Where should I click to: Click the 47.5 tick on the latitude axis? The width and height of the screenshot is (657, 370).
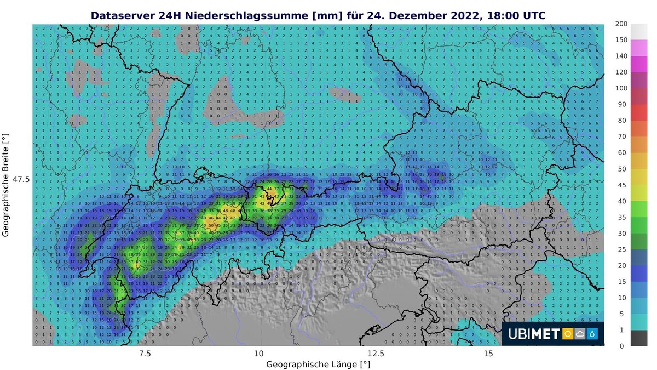point(21,179)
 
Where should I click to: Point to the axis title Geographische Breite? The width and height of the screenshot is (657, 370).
point(7,184)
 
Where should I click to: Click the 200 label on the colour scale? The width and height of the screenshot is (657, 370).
point(621,24)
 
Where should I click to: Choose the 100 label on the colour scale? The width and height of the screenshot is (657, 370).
point(621,88)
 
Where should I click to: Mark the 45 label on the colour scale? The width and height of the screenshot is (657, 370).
point(621,185)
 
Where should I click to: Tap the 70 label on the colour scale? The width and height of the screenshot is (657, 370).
point(621,136)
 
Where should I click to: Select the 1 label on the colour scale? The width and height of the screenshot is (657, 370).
point(621,329)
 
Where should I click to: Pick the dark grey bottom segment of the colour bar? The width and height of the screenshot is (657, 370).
point(638,338)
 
